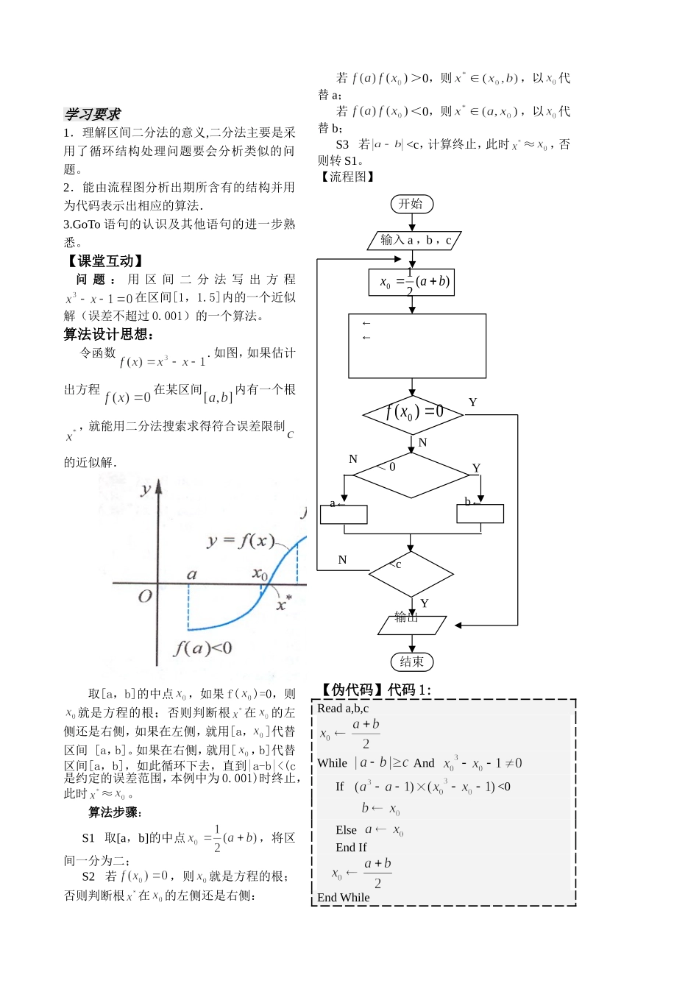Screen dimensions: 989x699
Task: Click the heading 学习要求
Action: (92, 114)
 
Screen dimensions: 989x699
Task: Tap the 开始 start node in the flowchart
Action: (411, 204)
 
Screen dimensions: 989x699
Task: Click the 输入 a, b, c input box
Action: (414, 240)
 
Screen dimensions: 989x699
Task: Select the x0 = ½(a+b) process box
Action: (411, 282)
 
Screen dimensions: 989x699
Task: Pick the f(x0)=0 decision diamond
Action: (413, 414)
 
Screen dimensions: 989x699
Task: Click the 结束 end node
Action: (411, 662)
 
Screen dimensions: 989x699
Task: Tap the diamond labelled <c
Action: (411, 573)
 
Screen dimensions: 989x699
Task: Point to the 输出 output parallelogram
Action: (411, 625)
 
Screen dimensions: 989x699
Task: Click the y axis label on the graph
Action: (146, 489)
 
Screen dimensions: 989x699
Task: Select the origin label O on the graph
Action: (145, 595)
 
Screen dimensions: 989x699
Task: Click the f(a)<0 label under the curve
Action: (202, 648)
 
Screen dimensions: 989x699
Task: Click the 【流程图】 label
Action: (348, 177)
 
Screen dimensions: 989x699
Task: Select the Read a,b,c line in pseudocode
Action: (343, 709)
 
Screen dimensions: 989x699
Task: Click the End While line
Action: (344, 897)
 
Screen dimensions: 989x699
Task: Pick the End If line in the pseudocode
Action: (351, 847)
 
